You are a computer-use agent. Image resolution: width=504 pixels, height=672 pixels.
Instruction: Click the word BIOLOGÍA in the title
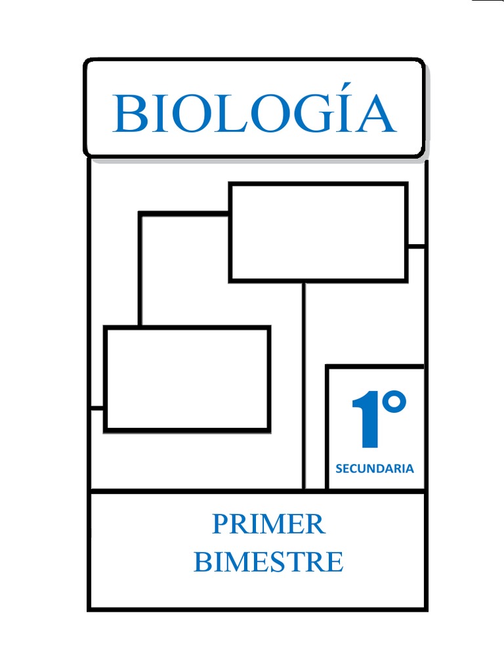pos(254,113)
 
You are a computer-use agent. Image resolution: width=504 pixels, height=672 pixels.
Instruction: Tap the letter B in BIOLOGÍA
pos(128,114)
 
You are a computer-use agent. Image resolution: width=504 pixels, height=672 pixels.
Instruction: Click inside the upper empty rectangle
pos(318,232)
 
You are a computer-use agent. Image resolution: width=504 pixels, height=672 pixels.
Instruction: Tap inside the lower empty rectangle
pos(187,379)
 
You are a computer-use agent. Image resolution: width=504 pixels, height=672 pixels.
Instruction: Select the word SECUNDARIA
pos(375,469)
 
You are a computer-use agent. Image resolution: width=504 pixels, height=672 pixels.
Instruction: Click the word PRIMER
pos(268,524)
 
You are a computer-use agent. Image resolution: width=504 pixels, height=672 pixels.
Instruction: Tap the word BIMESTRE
pos(268,562)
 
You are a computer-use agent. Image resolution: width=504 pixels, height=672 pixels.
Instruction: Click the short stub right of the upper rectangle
pos(415,247)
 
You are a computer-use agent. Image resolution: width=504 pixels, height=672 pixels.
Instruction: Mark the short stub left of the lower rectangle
pos(97,408)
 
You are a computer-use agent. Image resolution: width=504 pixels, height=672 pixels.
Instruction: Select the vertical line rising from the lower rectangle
pos(140,269)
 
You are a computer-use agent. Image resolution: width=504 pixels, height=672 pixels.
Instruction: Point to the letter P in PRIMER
pos(220,524)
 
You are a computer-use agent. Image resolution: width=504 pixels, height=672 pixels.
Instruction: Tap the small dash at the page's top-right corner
pos(488,1)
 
